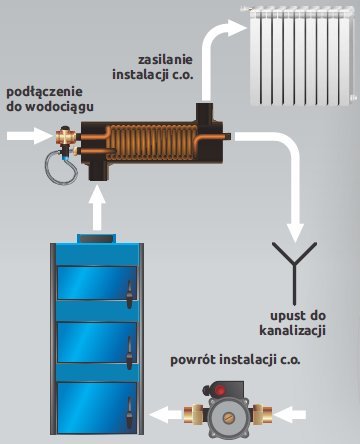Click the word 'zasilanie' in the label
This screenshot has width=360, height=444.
[165, 60]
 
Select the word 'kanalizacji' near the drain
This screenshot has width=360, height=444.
[292, 331]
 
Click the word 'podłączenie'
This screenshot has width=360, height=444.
[44, 92]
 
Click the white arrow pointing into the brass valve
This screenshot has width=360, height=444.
[30, 136]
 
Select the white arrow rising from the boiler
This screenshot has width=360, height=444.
[97, 208]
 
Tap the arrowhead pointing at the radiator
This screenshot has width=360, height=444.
[236, 28]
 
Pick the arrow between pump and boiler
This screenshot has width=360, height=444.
[166, 415]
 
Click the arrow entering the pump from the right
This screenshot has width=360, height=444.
[289, 415]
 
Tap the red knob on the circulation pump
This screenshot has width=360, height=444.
[219, 389]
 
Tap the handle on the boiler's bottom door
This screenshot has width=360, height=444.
[129, 413]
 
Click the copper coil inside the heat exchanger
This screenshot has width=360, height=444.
[152, 139]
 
